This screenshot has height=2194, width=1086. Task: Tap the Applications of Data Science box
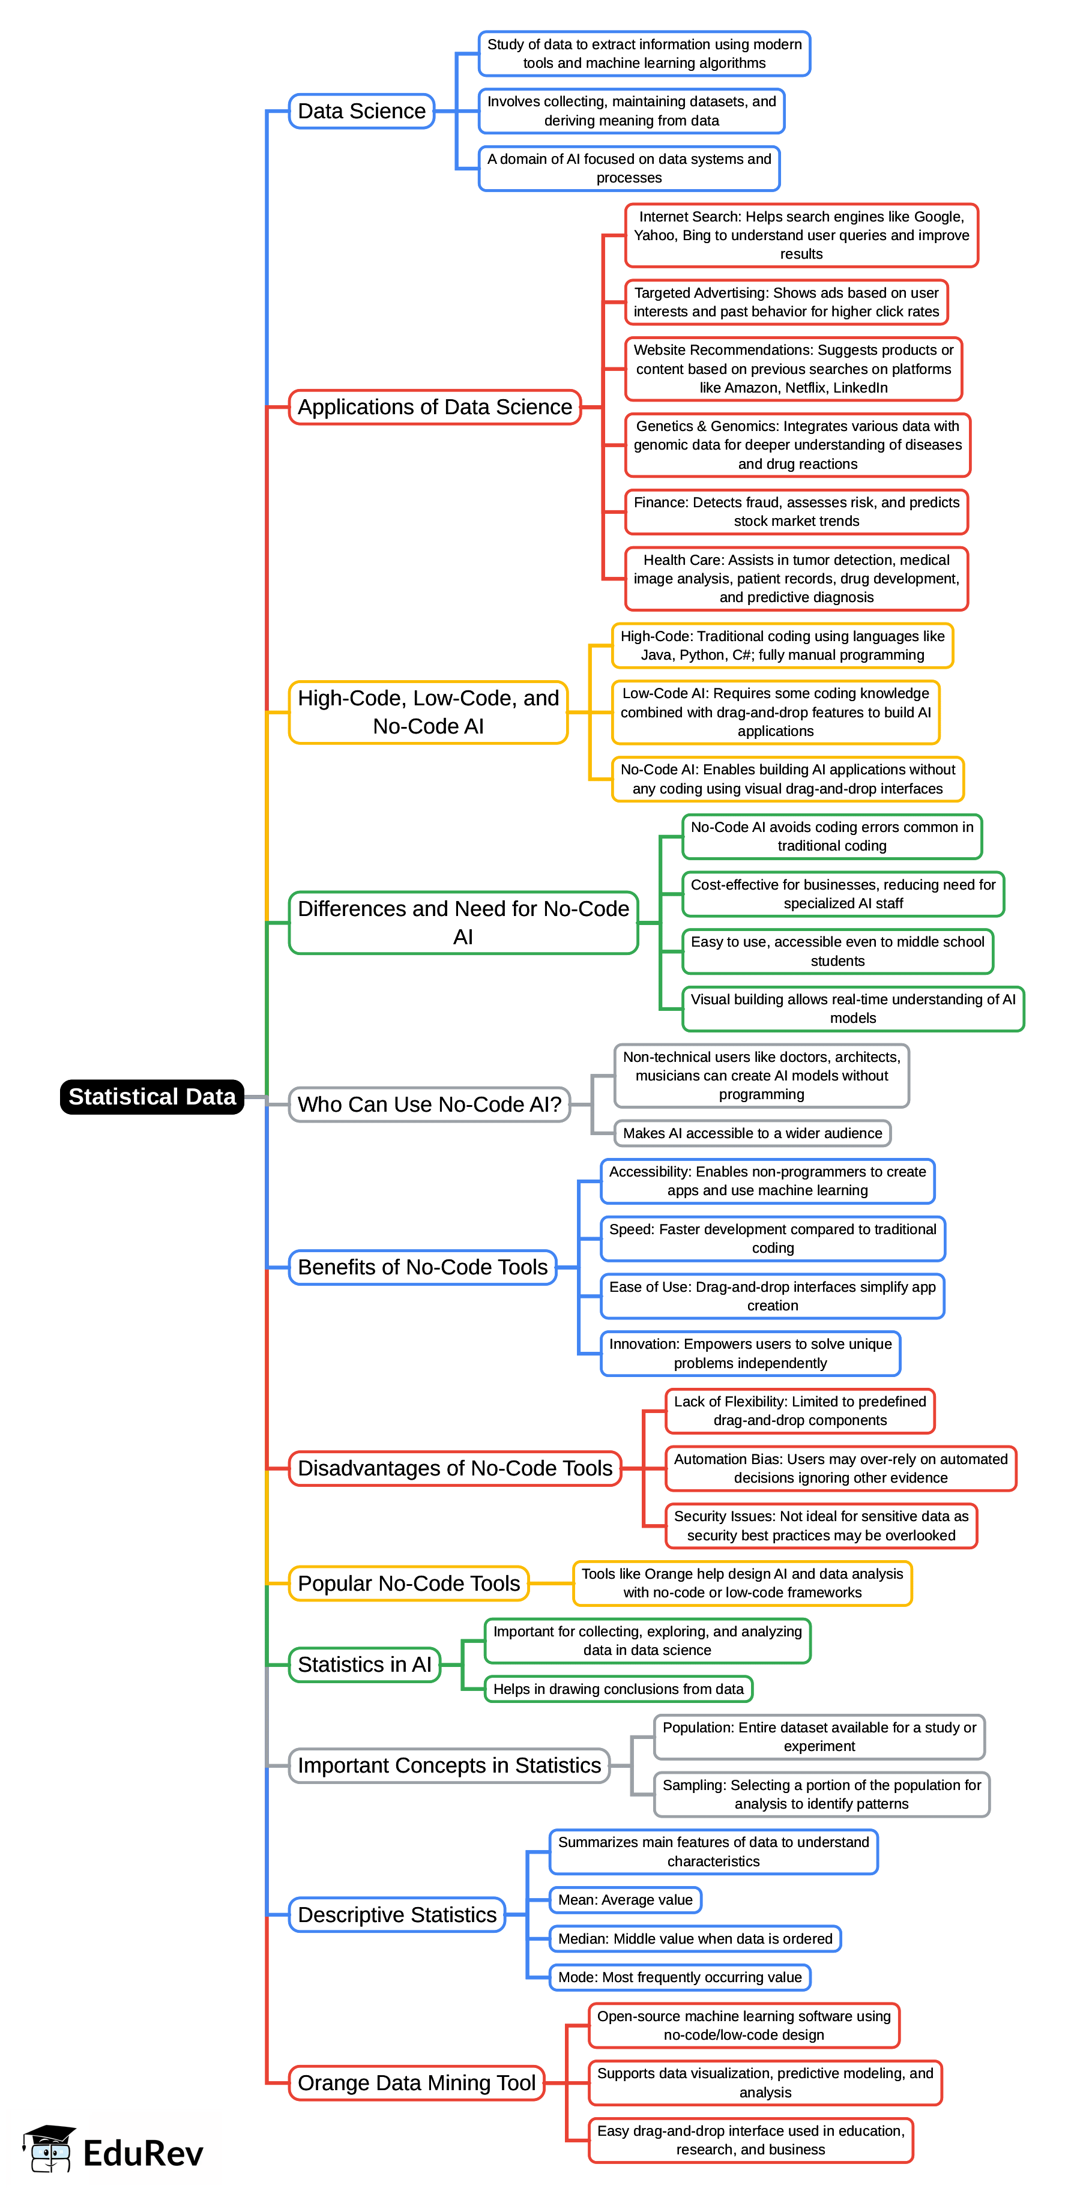click(x=435, y=407)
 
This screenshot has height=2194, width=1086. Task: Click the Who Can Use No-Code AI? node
click(x=429, y=1104)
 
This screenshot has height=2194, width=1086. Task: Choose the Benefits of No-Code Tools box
click(x=423, y=1267)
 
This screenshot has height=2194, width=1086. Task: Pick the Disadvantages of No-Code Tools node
click(x=455, y=1468)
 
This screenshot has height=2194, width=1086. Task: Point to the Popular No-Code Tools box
click(x=408, y=1584)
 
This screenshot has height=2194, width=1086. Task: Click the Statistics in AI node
click(x=364, y=1664)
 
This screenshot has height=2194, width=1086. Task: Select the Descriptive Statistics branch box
click(x=397, y=1915)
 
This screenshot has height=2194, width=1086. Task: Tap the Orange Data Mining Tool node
click(x=417, y=2082)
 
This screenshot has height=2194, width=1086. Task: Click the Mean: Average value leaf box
click(x=625, y=1899)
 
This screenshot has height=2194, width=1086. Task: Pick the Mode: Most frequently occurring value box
click(x=680, y=1977)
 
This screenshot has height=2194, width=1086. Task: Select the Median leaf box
click(x=695, y=1938)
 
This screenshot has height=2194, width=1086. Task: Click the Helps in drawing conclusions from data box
click(x=618, y=1689)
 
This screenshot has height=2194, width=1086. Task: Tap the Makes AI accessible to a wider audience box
click(x=752, y=1133)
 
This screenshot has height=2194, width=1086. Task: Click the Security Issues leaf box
click(x=821, y=1525)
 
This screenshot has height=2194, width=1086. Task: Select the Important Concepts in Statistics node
click(x=449, y=1765)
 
